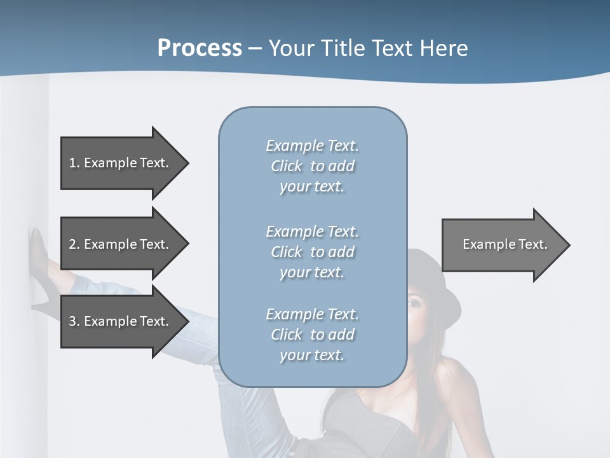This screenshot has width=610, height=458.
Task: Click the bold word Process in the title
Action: tap(200, 48)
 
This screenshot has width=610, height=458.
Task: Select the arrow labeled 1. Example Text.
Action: tap(121, 163)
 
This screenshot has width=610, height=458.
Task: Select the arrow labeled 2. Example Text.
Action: tap(121, 244)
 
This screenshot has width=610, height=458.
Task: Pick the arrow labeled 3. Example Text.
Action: tap(121, 321)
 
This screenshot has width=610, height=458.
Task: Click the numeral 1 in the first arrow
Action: tap(72, 163)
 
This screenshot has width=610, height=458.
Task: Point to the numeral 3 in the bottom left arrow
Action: tap(72, 321)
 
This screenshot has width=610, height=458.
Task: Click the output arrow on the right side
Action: tap(502, 244)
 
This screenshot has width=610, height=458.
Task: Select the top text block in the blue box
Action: tap(312, 166)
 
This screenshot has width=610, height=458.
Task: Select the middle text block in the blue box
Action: tap(312, 252)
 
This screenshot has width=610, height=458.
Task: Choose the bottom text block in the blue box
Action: tap(312, 335)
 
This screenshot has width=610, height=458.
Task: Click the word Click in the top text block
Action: tap(287, 166)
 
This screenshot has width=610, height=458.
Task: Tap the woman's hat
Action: tap(438, 280)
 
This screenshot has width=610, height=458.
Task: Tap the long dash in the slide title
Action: tap(255, 48)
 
